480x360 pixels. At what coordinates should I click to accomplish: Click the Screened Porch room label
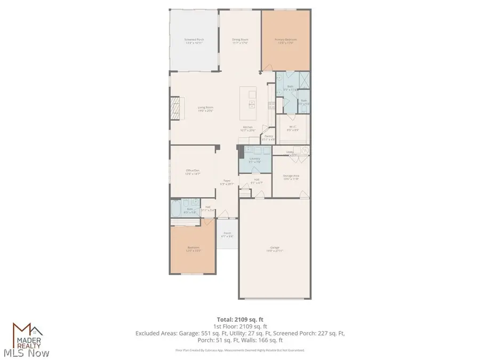[x=194, y=40]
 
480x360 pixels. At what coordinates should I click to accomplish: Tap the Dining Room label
[x=240, y=40]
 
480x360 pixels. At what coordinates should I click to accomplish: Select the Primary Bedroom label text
[x=286, y=40]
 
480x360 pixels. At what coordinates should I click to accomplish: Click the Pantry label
[x=269, y=137]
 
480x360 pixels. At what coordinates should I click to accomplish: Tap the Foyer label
[x=227, y=181]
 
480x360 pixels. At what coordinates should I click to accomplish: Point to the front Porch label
[x=227, y=233]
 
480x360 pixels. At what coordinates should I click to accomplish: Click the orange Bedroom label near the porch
[x=193, y=247]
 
